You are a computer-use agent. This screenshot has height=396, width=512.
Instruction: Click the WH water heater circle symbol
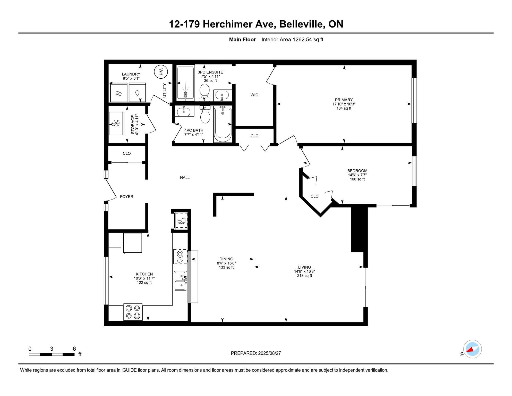(161, 72)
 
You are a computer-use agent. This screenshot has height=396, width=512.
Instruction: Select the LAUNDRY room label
(131, 74)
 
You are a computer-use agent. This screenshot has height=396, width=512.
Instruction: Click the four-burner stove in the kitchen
(133, 312)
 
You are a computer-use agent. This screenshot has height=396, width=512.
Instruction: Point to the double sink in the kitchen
(181, 281)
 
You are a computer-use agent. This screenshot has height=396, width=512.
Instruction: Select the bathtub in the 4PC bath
(223, 124)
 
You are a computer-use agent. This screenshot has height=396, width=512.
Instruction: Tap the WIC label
(254, 95)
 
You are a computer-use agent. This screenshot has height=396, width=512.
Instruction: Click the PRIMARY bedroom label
(344, 100)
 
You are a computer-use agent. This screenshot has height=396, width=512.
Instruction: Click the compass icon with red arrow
(473, 349)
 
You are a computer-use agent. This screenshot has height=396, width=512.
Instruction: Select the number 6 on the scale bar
(74, 349)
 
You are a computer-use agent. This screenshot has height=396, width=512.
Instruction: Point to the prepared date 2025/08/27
(269, 353)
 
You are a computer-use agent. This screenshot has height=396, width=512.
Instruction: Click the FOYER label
(127, 196)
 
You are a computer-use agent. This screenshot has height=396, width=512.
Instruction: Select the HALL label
(185, 177)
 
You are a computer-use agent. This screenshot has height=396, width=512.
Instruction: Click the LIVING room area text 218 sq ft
(304, 276)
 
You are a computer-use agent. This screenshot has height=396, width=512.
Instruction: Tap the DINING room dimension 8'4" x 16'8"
(226, 263)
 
